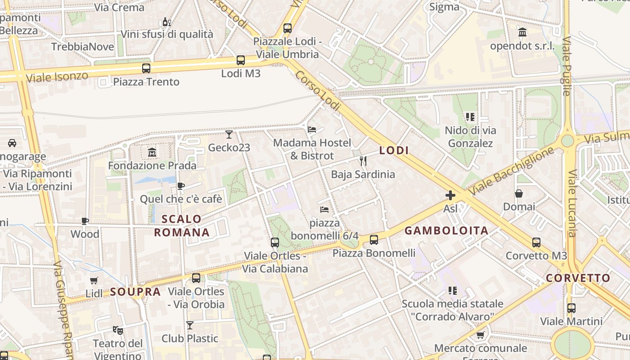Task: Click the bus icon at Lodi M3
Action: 241,60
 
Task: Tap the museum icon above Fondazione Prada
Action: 152,153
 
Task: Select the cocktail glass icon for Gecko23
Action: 229,134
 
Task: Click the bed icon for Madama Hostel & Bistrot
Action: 311,130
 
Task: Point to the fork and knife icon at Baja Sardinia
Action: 363,161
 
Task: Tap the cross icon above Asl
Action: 450,195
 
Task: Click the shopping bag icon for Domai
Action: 519,193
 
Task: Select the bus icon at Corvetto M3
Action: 536,243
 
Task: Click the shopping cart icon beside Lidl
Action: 94,281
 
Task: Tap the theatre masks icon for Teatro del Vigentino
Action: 118,330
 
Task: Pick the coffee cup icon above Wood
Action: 85,221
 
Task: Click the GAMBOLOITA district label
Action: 446,231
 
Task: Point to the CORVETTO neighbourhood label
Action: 578,278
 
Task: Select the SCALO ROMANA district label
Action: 182,226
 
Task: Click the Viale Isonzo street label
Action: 57,77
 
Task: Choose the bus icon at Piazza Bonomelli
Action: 374,240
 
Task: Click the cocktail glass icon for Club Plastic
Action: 190,325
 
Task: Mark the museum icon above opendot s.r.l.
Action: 522,32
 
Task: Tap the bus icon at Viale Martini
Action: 571,308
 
